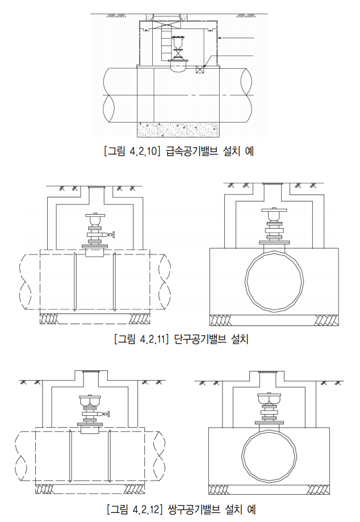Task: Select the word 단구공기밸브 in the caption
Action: tap(200, 339)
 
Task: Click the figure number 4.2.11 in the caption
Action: tap(151, 339)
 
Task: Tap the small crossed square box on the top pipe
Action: tap(200, 69)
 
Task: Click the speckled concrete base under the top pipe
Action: tap(178, 130)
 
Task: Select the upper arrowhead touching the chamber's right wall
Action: tap(220, 38)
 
